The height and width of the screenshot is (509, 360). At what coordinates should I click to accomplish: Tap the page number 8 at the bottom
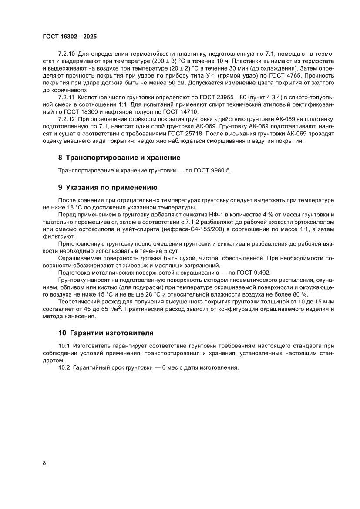(x=44, y=463)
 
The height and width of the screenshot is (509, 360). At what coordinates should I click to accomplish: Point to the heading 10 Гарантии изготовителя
(x=106, y=333)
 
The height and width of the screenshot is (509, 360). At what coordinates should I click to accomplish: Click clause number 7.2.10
(x=67, y=54)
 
